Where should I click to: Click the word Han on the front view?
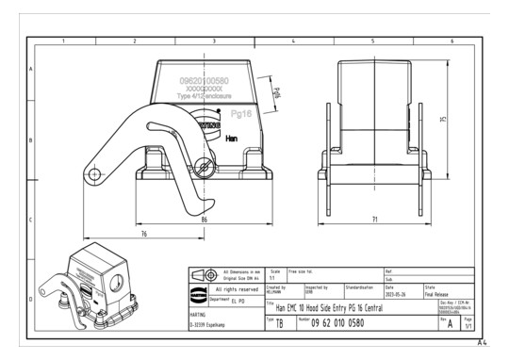click(231, 139)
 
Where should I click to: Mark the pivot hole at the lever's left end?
click(92, 174)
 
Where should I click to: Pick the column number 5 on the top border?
click(372, 41)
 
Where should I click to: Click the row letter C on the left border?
click(32, 221)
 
